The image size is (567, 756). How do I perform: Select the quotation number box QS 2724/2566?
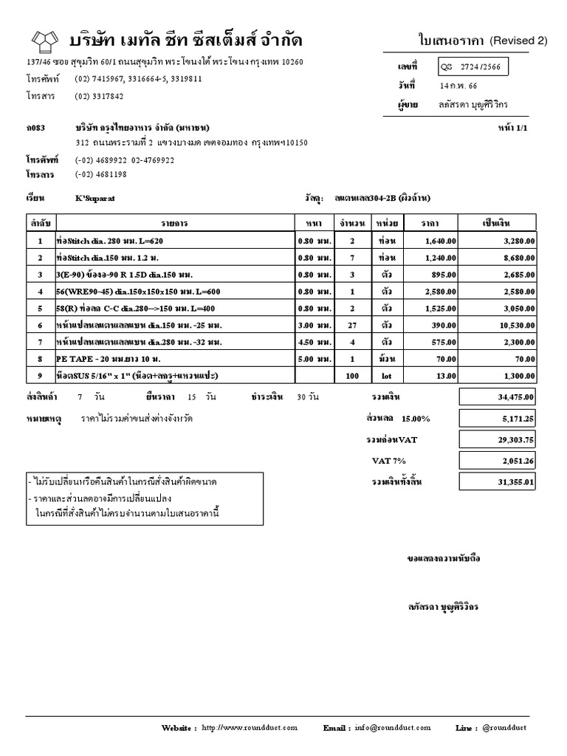472,67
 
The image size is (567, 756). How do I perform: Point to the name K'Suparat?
95,199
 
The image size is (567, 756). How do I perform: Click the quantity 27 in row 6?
352,325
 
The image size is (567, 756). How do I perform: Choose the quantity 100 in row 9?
352,376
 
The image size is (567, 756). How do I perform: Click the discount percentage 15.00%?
416,419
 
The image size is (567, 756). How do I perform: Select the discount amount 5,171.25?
518,419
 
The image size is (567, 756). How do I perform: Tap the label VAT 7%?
389,461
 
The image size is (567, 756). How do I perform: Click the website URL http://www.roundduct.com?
249,728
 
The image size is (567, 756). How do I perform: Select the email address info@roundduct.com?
393,728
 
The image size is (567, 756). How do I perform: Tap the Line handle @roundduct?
504,728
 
